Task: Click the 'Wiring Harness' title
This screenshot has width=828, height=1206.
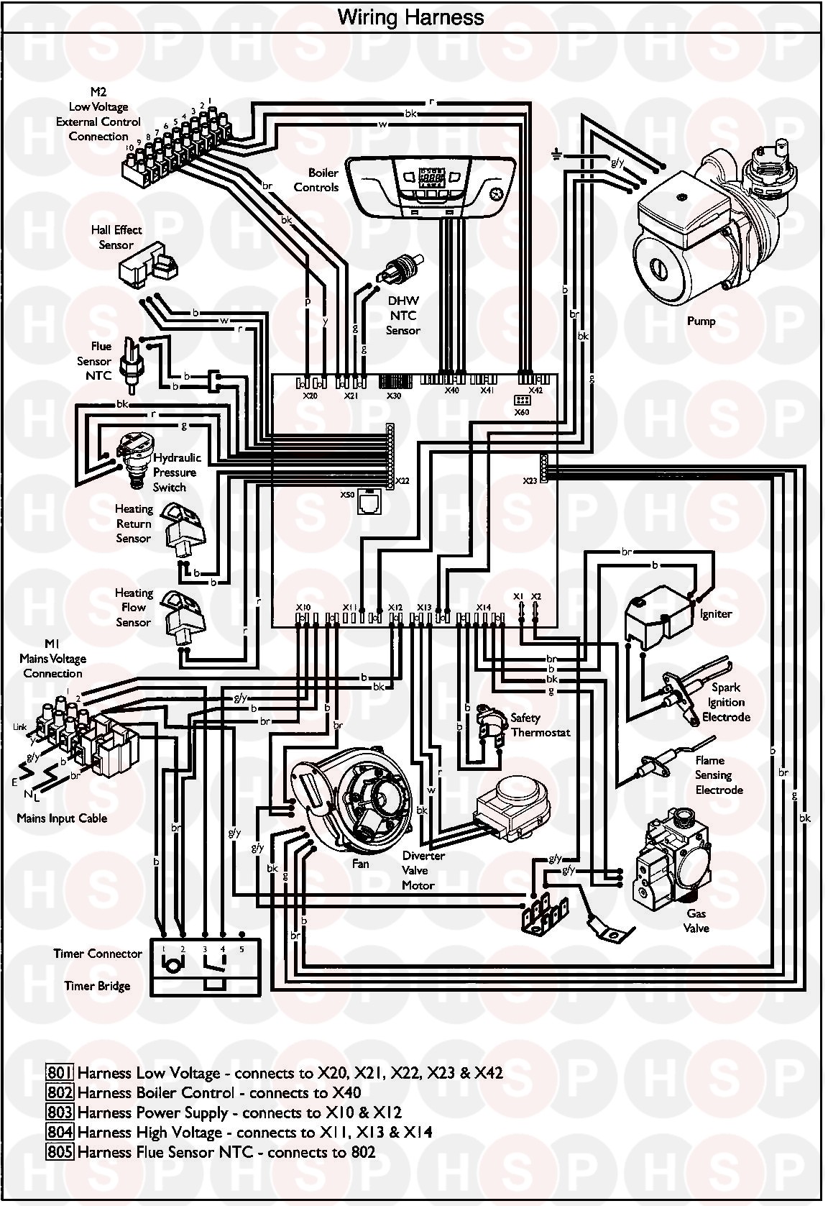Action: click(410, 17)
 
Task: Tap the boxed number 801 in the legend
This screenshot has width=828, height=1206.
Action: click(60, 1074)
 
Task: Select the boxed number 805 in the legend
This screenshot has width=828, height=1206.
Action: click(60, 1152)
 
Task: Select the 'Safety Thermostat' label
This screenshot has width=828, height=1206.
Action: click(540, 725)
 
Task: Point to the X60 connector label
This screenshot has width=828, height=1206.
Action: click(522, 413)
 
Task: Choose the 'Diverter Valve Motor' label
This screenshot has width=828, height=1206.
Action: click(423, 870)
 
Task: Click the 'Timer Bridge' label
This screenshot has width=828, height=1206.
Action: click(97, 985)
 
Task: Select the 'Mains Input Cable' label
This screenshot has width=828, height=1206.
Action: click(62, 818)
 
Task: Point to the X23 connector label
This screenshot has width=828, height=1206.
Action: click(530, 480)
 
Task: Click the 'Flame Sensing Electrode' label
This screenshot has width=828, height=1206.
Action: click(718, 775)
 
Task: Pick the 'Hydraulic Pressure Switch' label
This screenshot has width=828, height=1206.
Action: click(176, 472)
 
